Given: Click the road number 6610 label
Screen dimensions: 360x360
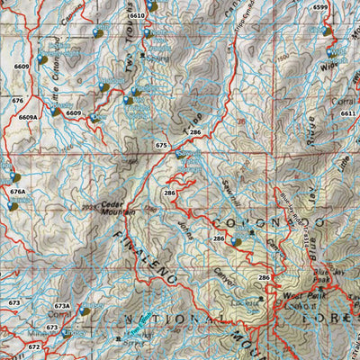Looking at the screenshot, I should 137,16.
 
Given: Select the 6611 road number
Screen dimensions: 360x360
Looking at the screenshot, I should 348,113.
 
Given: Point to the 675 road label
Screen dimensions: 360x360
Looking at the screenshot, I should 161,145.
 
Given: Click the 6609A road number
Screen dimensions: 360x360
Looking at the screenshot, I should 27,118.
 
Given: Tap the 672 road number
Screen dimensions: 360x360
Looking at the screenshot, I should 33,346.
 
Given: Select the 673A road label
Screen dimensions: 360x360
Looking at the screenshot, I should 61,306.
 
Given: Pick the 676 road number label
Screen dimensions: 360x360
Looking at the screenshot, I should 18,101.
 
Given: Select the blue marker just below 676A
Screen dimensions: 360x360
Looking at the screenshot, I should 12,206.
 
